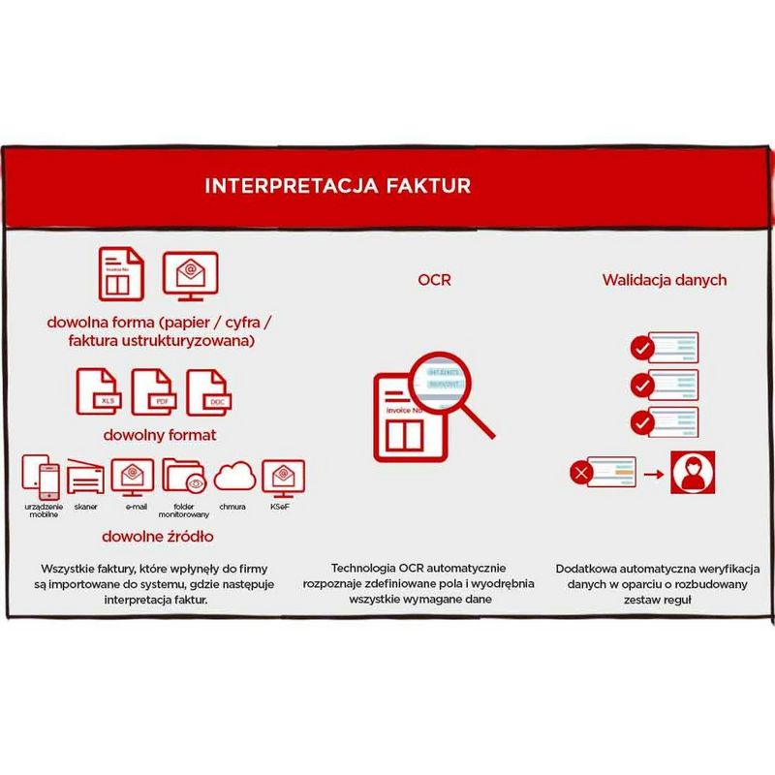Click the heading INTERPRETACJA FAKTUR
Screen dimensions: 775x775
[337, 185]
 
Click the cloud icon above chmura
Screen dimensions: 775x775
[233, 476]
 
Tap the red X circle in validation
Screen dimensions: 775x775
[582, 474]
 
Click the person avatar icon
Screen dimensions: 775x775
[696, 474]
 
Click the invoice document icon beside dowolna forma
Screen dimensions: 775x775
[121, 274]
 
